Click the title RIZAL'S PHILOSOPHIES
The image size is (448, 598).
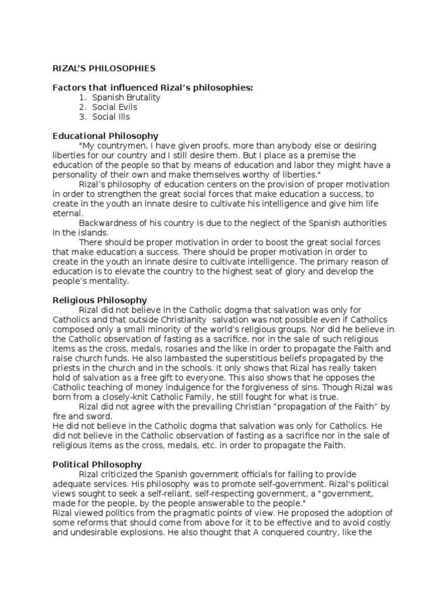tap(104, 69)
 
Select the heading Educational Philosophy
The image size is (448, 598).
tap(105, 136)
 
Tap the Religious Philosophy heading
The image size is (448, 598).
tap(100, 301)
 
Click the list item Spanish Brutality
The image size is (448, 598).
tap(126, 98)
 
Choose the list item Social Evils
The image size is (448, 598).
tap(115, 107)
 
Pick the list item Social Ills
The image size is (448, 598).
tap(111, 117)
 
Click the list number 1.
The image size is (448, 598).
tap(83, 98)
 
